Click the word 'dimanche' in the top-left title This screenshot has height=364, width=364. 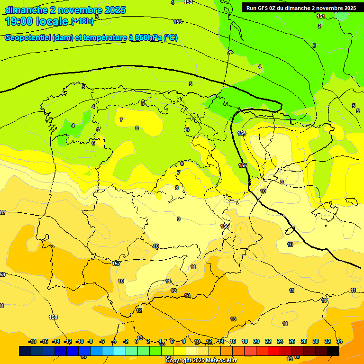(27, 10)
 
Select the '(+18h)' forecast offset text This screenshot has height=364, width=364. (82, 21)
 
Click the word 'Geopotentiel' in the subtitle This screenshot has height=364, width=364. (27, 38)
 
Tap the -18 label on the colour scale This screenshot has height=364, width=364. (32, 341)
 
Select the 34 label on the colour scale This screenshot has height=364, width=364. (339, 341)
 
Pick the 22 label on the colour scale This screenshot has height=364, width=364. (268, 341)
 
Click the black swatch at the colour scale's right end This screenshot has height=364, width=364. (333, 351)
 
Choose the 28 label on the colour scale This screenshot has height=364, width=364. (304, 341)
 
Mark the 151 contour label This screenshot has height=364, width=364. (321, 17)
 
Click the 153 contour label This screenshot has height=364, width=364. (178, 22)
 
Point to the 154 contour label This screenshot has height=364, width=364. (242, 134)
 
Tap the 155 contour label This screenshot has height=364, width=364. (243, 165)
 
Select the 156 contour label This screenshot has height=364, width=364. (225, 226)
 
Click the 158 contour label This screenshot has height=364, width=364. (53, 317)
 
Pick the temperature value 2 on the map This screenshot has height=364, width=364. (319, 26)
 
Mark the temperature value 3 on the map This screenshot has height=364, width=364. (314, 45)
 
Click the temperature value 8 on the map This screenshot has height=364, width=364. (177, 188)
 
